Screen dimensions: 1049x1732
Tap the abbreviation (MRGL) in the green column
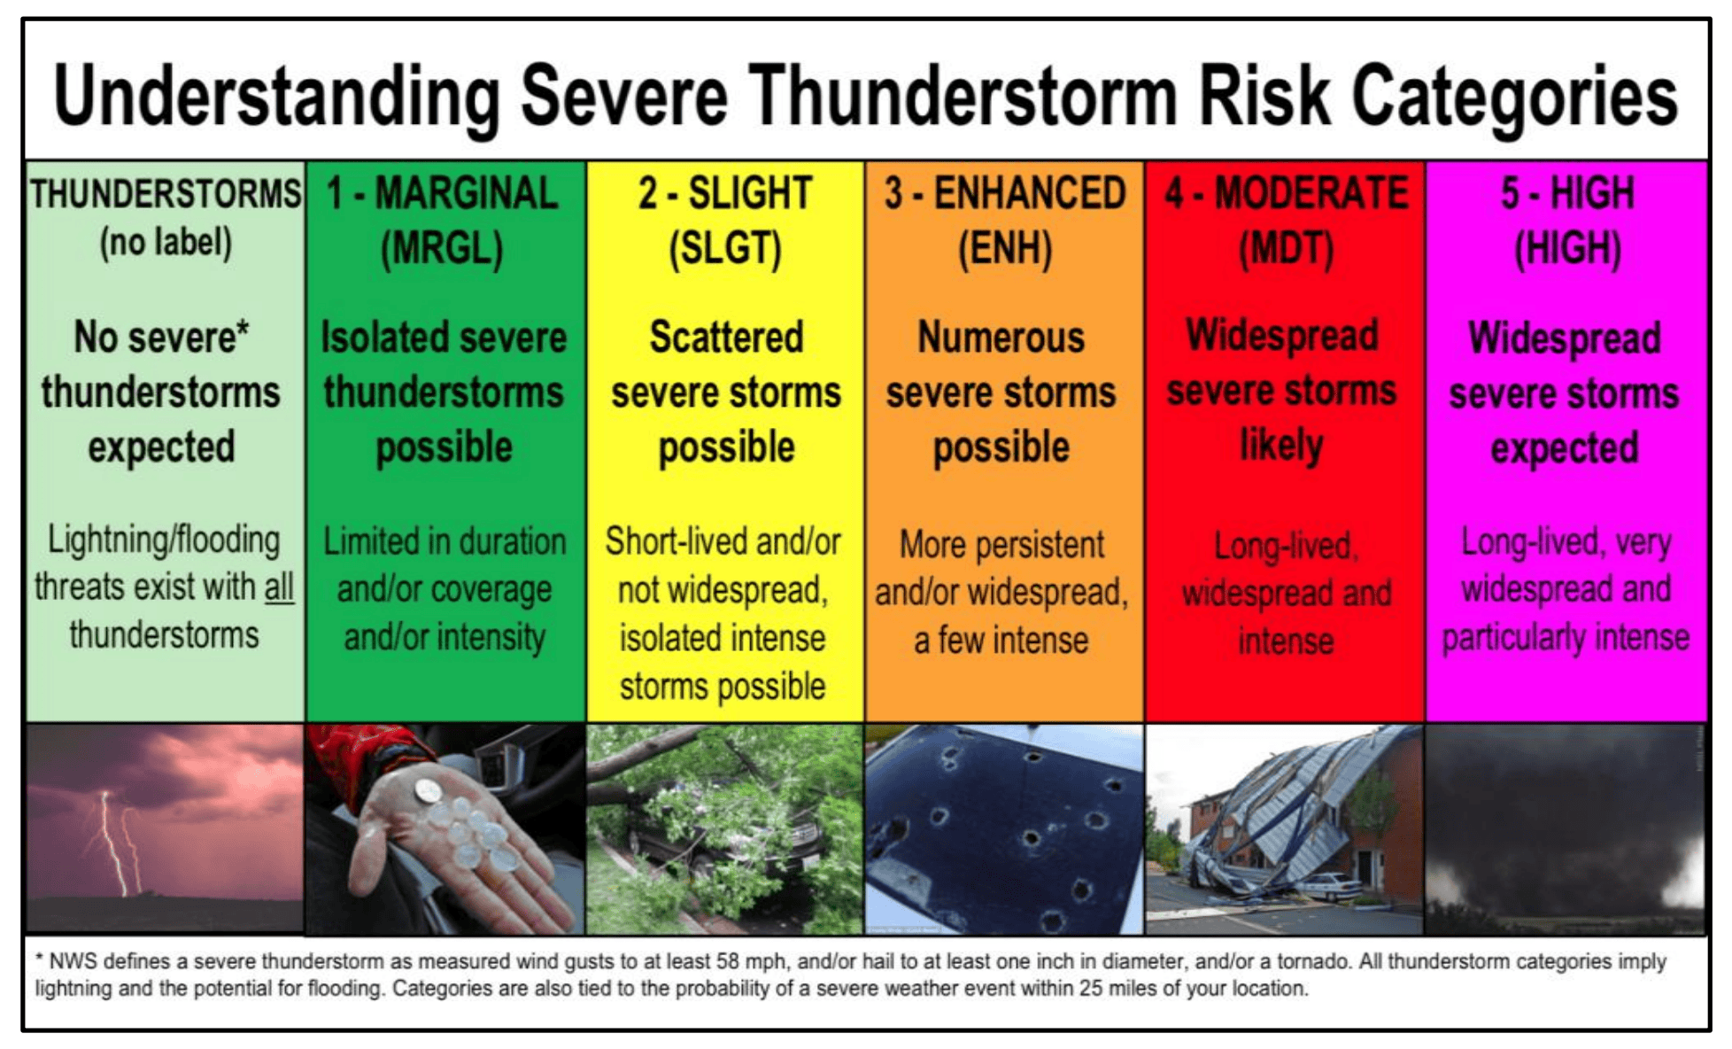click(442, 248)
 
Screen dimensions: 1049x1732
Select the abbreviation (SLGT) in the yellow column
click(725, 248)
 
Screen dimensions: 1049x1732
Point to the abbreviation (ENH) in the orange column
click(1005, 248)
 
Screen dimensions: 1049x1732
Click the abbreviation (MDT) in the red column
click(1286, 248)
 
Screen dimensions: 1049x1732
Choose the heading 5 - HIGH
click(1566, 193)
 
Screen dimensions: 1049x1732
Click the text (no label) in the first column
click(166, 242)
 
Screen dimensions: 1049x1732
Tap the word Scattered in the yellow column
click(726, 338)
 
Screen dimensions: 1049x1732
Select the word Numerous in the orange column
click(1001, 338)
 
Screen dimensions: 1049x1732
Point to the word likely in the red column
click(1280, 445)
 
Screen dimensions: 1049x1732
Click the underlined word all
click(279, 587)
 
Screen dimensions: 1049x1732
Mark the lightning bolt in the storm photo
click(113, 842)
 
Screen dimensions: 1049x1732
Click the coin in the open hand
click(429, 789)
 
